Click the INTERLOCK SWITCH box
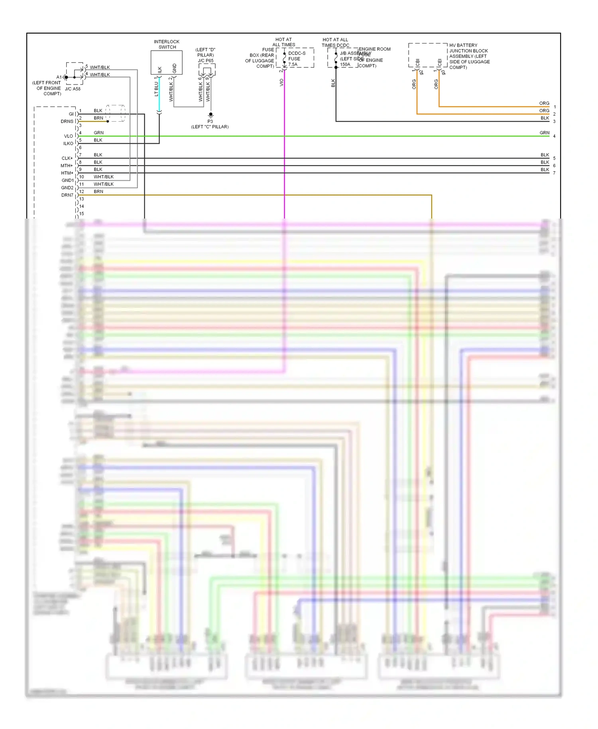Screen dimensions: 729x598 pos(166,62)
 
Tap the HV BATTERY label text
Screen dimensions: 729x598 pos(463,45)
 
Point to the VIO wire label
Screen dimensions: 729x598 pos(281,83)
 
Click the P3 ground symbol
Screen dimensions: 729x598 pos(210,115)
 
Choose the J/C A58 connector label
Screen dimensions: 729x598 pos(73,89)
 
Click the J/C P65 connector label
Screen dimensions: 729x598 pos(206,61)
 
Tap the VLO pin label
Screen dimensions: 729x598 pos(69,136)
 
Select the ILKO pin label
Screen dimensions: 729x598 pos(68,144)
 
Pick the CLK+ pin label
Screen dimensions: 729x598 pos(67,158)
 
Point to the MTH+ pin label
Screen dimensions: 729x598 pos(67,166)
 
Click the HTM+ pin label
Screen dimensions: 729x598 pos(67,173)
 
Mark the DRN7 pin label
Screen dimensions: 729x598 pos(67,195)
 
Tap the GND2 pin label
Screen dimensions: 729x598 pos(67,188)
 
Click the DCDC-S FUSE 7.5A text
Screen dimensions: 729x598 pos(297,59)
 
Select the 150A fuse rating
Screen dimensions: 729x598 pos(345,65)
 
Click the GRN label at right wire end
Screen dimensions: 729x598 pos(544,133)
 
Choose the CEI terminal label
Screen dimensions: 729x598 pos(440,63)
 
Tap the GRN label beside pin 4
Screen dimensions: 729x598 pos(98,133)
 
